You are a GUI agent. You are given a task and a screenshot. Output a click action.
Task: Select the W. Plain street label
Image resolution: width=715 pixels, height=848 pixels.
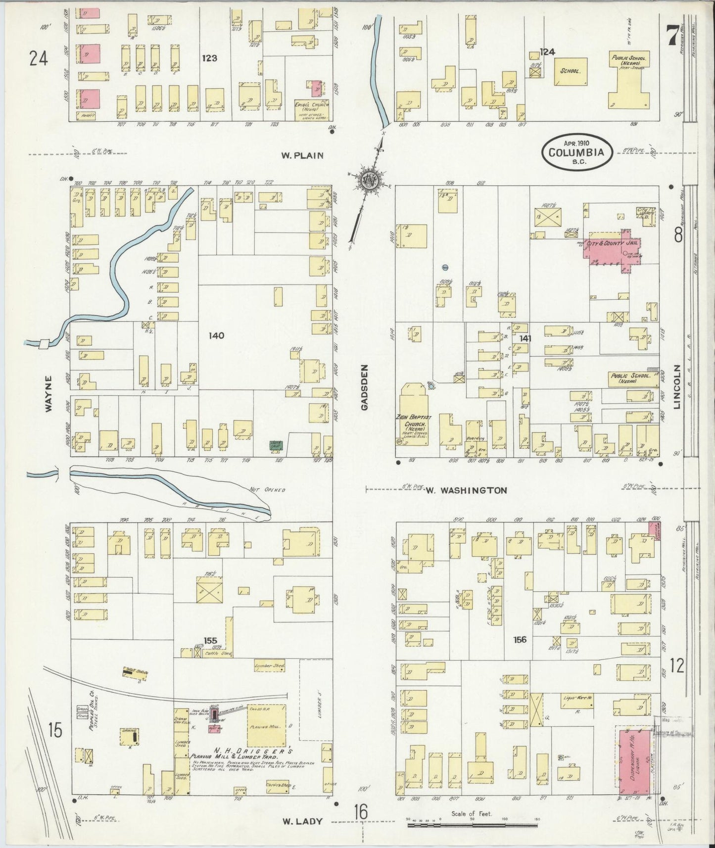click(x=302, y=155)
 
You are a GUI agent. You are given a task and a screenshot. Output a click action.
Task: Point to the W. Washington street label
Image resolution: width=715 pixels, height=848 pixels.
click(x=466, y=491)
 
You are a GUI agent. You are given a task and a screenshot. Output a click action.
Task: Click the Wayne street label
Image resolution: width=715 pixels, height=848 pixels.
click(x=48, y=394)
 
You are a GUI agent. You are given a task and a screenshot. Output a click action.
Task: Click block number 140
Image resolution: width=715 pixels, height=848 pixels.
click(x=216, y=335)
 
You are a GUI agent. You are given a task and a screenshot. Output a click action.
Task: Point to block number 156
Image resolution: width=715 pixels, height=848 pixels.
click(x=520, y=640)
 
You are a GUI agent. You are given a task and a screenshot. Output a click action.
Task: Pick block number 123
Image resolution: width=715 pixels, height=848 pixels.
click(x=209, y=58)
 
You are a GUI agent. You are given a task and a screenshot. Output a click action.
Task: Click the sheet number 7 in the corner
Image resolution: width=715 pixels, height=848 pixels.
click(x=671, y=36)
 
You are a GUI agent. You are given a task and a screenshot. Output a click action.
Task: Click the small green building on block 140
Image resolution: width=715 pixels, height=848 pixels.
click(x=274, y=445)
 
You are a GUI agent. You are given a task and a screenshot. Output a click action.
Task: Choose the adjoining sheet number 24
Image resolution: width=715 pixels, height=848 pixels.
click(x=38, y=59)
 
